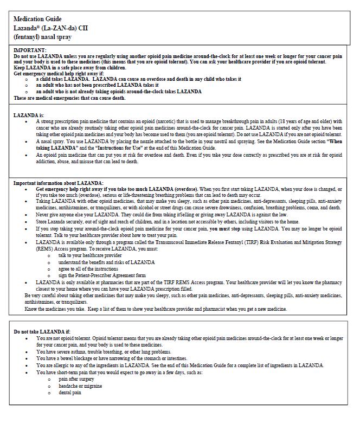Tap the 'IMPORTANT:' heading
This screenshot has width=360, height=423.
(30, 50)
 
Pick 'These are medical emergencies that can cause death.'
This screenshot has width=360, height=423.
(69, 98)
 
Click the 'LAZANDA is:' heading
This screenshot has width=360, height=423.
(29, 116)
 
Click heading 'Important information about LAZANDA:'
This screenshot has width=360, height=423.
(58, 183)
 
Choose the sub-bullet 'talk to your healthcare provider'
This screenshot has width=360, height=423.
(90, 255)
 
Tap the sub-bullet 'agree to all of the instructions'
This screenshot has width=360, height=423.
(88, 269)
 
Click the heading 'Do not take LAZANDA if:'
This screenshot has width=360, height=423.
(42, 331)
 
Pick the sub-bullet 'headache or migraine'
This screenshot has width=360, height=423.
(80, 386)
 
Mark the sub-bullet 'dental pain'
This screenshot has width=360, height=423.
(70, 392)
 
